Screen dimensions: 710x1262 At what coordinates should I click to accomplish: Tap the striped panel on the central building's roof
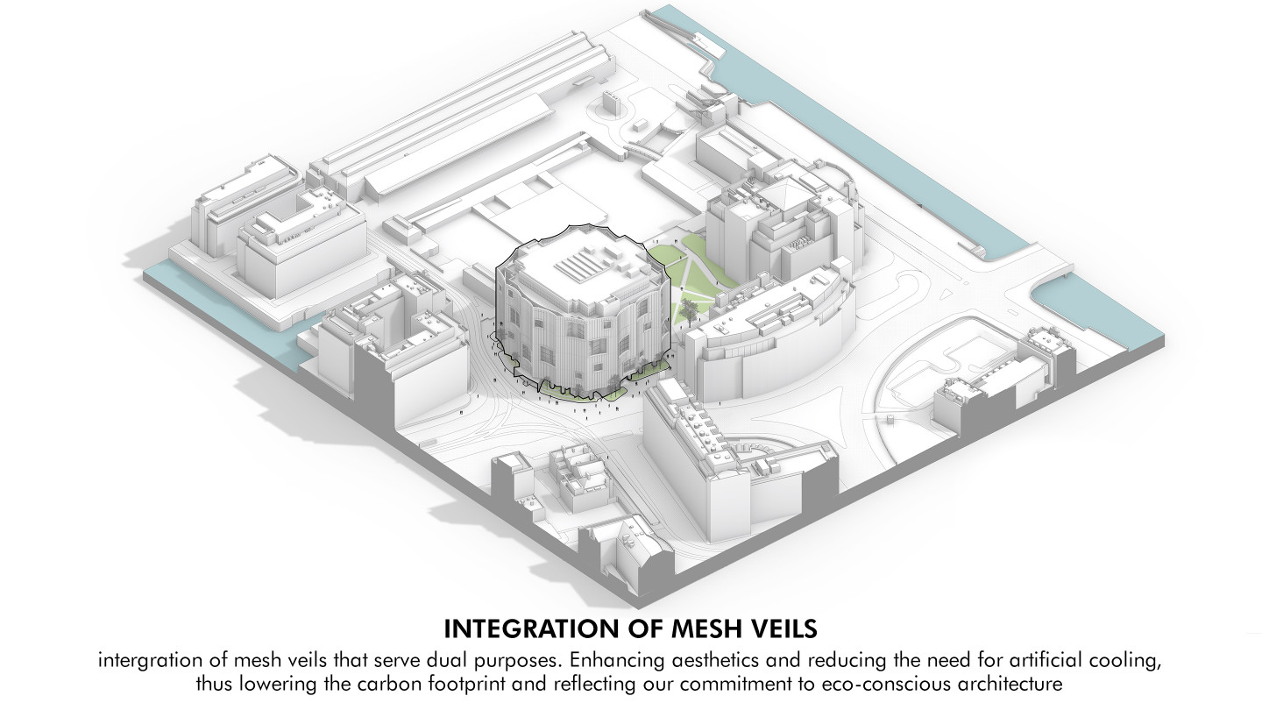click(583, 262)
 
